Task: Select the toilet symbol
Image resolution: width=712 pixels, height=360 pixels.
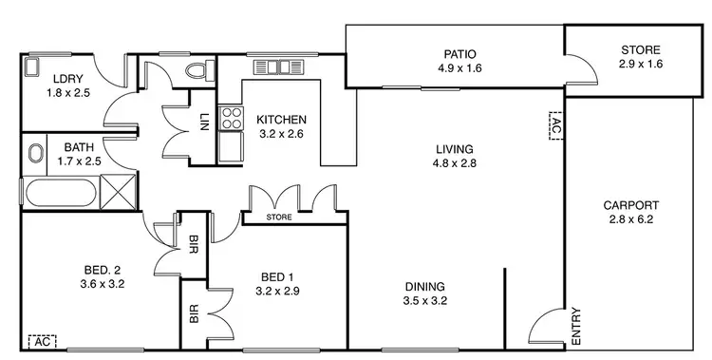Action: (197, 69)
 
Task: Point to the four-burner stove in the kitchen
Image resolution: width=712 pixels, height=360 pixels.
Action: (231, 119)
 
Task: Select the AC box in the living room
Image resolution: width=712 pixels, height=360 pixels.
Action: (555, 123)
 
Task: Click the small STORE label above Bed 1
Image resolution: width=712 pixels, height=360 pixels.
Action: (279, 217)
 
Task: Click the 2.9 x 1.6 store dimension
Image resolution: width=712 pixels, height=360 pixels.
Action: (640, 65)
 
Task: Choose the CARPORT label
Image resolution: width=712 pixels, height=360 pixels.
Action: (630, 205)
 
